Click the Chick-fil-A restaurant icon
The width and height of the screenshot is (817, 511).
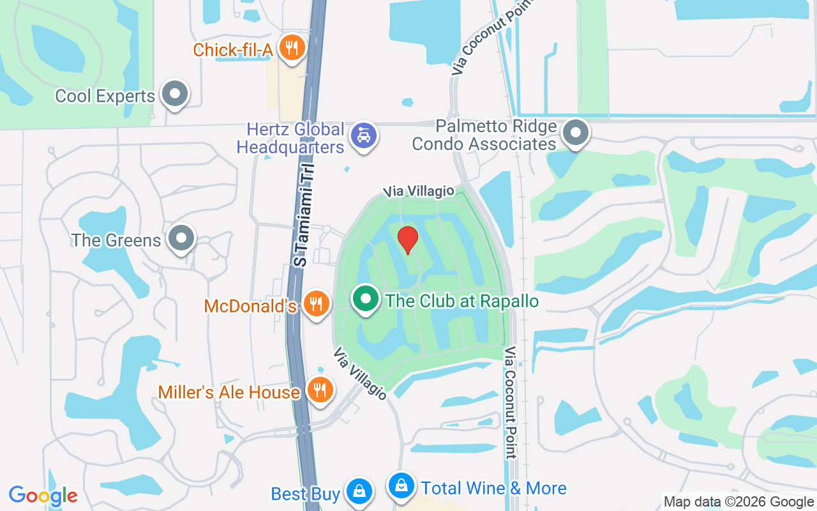(x=292, y=48)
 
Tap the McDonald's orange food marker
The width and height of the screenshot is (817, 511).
(x=316, y=303)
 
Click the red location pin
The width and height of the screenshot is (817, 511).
(x=407, y=240)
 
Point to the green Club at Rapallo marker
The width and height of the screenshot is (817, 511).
(x=366, y=299)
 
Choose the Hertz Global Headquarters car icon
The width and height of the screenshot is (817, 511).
(x=364, y=135)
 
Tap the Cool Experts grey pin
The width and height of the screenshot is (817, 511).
(x=175, y=95)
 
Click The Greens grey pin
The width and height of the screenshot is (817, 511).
(x=181, y=238)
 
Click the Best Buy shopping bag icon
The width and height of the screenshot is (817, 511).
(x=359, y=491)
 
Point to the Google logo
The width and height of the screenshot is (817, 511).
(x=43, y=496)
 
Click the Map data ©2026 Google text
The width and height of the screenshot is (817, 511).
(x=738, y=502)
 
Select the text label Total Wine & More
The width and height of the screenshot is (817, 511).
(x=493, y=489)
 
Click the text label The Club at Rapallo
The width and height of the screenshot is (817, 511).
(x=462, y=301)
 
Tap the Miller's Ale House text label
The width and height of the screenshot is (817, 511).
(x=229, y=392)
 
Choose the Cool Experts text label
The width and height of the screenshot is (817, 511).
(x=105, y=96)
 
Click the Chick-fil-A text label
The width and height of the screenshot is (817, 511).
(x=233, y=50)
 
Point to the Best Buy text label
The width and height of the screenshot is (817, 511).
(x=306, y=494)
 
